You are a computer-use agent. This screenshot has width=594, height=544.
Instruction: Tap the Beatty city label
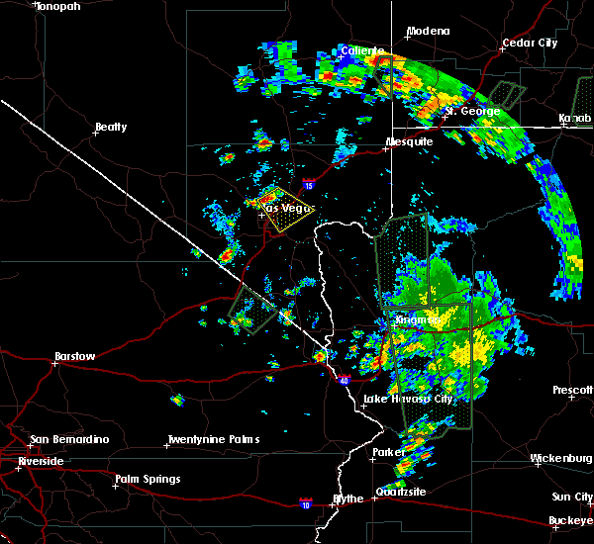tap(111, 128)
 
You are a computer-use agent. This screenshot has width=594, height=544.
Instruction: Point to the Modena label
tap(428, 32)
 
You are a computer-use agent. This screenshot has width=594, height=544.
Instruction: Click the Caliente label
tap(360, 50)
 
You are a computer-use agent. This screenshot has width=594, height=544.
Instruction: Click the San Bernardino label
tap(68, 440)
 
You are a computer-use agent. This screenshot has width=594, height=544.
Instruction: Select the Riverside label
tap(40, 462)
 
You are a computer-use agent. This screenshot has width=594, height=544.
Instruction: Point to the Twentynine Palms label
tap(213, 440)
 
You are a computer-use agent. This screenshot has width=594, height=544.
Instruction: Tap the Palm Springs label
tap(148, 481)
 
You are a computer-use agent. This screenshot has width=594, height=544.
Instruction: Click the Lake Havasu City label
tap(408, 400)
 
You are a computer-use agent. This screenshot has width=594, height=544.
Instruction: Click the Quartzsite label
tap(401, 492)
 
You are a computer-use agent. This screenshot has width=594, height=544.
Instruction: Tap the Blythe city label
tap(347, 499)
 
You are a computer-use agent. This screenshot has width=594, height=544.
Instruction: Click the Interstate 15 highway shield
tap(308, 184)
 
